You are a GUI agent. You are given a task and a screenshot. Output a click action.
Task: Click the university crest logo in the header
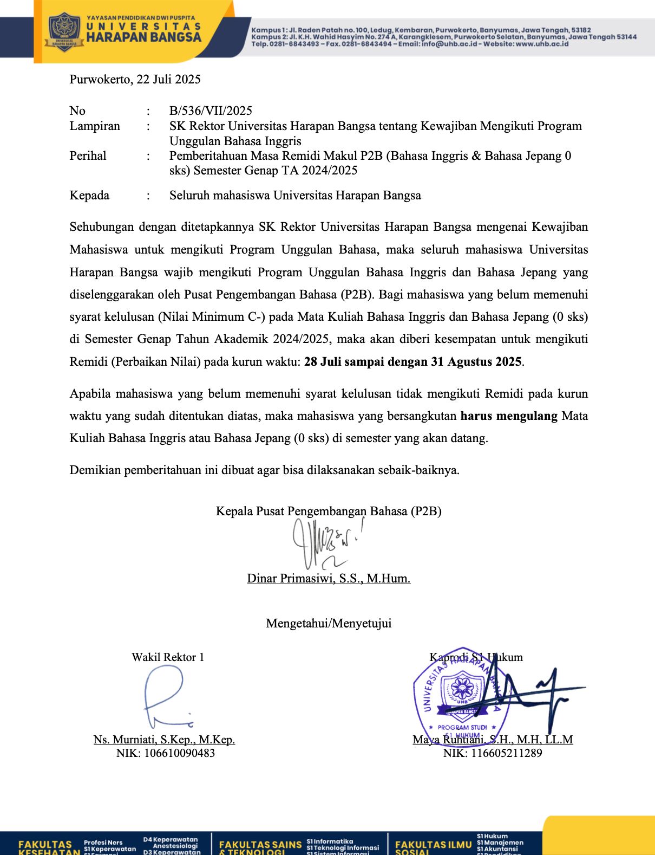click(x=64, y=32)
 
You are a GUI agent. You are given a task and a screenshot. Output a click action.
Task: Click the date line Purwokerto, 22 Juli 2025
click(x=135, y=80)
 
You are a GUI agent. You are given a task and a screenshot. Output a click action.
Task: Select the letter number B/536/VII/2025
click(x=211, y=111)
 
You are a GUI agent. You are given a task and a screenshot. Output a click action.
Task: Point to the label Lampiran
click(x=95, y=126)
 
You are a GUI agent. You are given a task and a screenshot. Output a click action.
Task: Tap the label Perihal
click(x=88, y=156)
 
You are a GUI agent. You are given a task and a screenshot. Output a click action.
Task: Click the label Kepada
click(x=89, y=196)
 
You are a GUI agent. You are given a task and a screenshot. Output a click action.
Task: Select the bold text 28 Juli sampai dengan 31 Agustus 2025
click(x=412, y=362)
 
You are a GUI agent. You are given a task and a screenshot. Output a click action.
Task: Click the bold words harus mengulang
click(x=508, y=416)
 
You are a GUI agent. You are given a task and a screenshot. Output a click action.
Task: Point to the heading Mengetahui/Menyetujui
click(x=329, y=624)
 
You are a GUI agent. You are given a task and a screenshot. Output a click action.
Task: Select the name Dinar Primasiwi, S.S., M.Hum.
click(x=329, y=579)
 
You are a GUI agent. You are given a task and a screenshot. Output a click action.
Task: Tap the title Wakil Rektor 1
click(x=168, y=657)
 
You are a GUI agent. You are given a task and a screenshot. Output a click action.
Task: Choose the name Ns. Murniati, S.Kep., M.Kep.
click(x=164, y=740)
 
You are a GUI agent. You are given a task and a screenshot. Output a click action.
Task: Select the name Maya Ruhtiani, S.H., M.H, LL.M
click(x=493, y=740)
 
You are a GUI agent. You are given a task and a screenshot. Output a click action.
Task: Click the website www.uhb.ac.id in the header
click(x=542, y=44)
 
